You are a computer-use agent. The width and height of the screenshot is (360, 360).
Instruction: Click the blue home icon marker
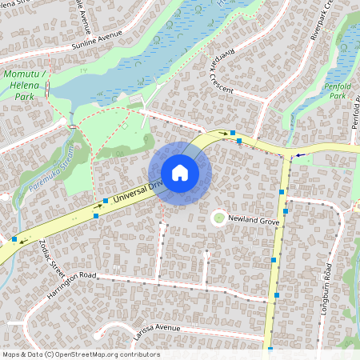(179, 173)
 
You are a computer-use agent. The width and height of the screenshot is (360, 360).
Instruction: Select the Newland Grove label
(253, 218)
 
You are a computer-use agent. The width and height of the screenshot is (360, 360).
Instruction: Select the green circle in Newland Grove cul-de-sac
(218, 218)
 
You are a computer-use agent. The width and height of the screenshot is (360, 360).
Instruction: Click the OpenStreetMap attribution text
(81, 354)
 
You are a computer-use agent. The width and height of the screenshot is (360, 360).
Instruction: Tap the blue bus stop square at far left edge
(14, 238)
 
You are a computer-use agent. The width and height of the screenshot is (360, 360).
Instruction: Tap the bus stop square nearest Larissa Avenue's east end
(270, 350)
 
